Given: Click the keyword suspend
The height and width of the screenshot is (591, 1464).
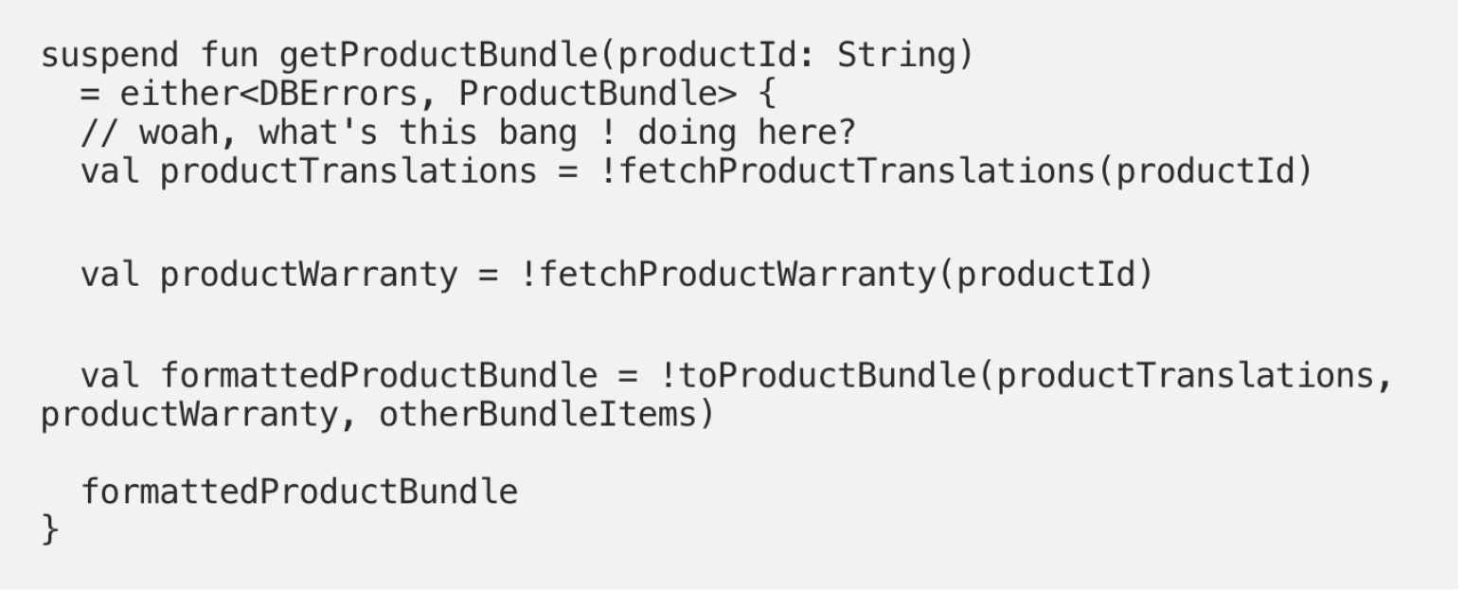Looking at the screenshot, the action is point(110,56).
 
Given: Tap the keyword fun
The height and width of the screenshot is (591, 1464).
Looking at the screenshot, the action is point(229,54).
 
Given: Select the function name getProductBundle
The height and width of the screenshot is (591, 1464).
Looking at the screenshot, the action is point(438,56).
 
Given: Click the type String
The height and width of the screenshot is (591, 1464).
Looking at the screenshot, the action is point(897,55).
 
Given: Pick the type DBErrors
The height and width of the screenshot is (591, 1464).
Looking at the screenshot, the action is point(339,94).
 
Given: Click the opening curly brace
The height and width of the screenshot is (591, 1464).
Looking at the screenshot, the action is point(767,94).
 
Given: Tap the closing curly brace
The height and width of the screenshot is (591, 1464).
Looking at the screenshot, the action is point(50,528).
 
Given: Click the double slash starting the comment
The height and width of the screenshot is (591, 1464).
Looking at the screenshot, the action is point(99,133).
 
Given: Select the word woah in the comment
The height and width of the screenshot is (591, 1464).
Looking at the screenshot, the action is point(179,133).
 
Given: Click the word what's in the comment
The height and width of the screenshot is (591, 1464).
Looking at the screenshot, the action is point(318,133).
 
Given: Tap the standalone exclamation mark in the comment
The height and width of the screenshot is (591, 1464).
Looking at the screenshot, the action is point(608,133).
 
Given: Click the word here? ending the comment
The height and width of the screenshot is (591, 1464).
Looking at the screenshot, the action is point(807,133).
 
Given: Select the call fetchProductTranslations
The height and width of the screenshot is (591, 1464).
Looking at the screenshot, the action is point(857,171).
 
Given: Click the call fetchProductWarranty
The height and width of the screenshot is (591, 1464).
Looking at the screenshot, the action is point(738,275).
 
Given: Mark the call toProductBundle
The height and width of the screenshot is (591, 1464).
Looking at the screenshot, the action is point(827,376).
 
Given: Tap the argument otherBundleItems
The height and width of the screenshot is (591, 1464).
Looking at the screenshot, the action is point(538,415).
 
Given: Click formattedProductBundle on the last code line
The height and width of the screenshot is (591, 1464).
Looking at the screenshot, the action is point(299,492).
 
